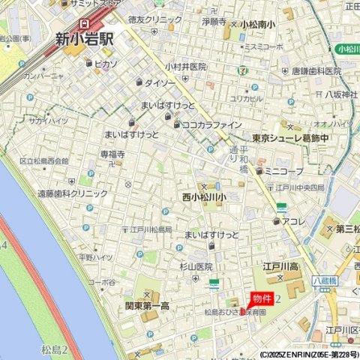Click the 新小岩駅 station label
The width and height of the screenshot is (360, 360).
pos(84,38)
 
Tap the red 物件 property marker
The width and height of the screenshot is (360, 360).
pos(262,299)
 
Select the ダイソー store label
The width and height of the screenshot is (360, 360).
pos(159,82)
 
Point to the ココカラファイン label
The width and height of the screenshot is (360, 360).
pos(211,124)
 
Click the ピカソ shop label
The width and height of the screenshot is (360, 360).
pos(107,64)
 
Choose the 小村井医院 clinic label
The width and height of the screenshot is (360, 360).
pos(186,67)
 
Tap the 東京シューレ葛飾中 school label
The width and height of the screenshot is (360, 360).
pos(301,138)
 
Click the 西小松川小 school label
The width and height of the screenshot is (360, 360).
pos(203,197)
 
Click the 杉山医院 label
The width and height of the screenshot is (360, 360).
pos(196,266)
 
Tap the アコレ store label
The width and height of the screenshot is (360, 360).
pos(293,221)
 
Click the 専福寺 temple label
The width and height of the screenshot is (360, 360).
pos(112,154)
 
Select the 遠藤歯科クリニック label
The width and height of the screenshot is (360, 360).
pos(73,193)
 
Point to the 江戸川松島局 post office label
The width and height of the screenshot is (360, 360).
pos(151,229)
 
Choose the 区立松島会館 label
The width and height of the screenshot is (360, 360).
pos(43,161)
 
